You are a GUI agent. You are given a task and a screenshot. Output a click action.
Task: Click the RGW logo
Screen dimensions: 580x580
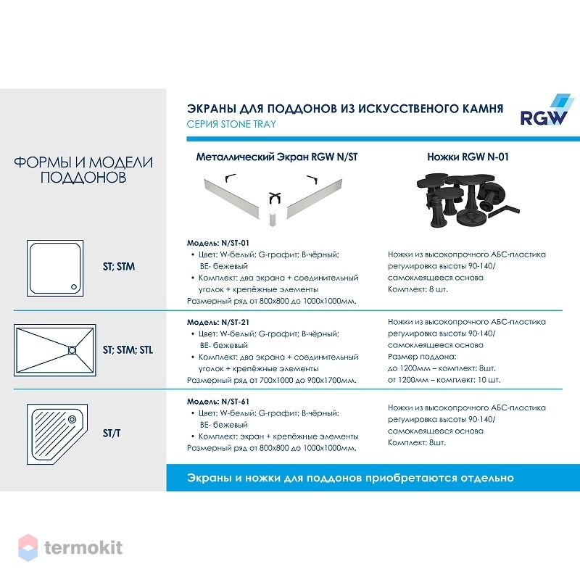[547, 110]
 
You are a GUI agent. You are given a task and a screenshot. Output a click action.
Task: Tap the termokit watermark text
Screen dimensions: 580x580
[83, 547]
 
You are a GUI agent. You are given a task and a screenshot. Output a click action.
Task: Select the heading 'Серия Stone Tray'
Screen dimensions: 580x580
[231, 124]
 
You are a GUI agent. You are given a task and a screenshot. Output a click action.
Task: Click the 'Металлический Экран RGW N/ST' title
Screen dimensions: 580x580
[277, 157]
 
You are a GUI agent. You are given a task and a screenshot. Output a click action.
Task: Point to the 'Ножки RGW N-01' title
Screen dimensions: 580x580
[468, 157]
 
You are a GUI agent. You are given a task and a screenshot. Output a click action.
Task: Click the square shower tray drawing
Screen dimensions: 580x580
[55, 268]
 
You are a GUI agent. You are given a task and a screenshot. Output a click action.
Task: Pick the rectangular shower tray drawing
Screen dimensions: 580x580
[55, 350]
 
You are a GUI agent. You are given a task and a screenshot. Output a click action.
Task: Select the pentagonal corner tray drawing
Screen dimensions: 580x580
[57, 434]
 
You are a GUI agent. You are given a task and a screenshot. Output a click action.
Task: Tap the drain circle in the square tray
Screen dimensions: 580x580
[74, 286]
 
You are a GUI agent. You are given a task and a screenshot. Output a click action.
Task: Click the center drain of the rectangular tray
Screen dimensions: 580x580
[72, 350]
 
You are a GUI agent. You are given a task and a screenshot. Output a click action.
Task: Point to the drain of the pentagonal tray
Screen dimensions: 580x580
[72, 419]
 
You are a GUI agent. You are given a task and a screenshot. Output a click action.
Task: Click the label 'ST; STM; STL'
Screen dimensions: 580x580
[128, 350]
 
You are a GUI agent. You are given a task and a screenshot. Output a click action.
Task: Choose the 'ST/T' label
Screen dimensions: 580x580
[112, 433]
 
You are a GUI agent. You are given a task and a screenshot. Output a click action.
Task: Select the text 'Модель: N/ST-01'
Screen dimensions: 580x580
[218, 243]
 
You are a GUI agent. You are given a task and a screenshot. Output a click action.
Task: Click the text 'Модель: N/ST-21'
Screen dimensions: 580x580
[218, 322]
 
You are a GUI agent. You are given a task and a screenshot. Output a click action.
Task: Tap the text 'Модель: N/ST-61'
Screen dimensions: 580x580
[218, 402]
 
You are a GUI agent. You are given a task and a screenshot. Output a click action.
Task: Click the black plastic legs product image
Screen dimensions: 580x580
[467, 199]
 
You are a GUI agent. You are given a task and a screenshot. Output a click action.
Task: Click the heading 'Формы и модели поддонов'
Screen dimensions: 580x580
[83, 170]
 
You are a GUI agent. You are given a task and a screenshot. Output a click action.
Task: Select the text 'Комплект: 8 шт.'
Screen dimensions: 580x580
[418, 289]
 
